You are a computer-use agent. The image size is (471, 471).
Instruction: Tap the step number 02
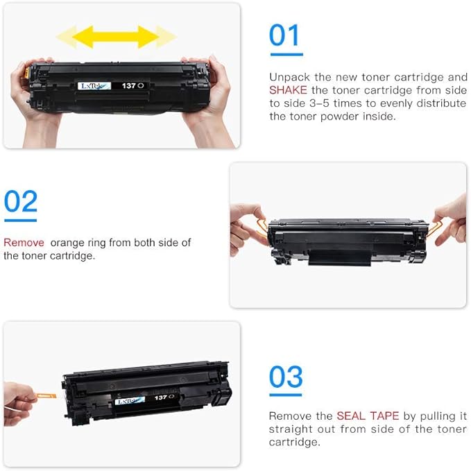20,201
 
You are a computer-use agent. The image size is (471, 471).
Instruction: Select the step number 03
286,378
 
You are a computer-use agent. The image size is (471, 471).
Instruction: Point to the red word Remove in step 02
24,243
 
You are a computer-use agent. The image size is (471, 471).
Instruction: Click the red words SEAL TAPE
368,416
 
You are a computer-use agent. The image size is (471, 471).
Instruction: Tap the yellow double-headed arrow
116,37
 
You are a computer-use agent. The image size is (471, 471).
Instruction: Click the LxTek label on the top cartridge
89,85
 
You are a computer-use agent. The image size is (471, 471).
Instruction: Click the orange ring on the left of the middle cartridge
259,226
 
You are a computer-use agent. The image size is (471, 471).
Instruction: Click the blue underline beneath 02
20,220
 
